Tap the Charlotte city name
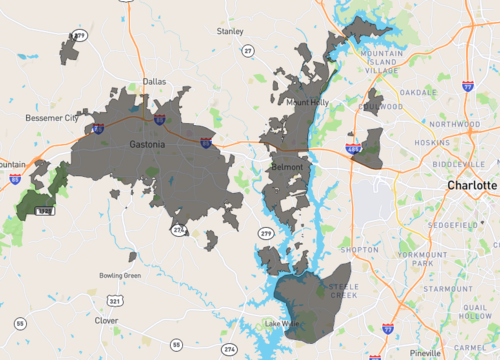[x=471, y=186]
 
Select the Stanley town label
[x=230, y=32]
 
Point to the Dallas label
[x=154, y=82]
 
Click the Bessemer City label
[x=51, y=118]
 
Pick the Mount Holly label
[x=306, y=102]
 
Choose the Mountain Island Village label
[x=381, y=62]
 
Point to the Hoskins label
[x=433, y=143]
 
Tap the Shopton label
[x=360, y=249]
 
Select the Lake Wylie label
[x=282, y=324]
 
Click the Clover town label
[x=106, y=321]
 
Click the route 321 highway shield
[x=115, y=300]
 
